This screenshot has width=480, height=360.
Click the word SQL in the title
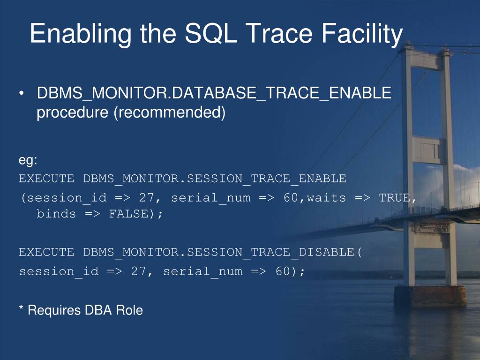211,33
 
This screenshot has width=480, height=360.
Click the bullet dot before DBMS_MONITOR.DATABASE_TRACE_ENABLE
21,93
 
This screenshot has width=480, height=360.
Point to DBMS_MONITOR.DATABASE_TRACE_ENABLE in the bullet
214,93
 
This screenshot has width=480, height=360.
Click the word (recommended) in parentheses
170,112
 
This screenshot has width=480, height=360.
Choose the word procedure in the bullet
72,113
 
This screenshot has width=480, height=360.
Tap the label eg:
28,161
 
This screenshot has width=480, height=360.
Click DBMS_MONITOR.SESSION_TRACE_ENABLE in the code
215,179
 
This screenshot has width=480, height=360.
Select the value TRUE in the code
395,198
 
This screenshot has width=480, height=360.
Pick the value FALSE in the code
129,214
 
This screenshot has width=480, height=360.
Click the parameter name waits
326,198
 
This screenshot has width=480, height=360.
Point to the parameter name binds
56,214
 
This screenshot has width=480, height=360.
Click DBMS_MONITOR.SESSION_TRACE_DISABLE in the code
218,253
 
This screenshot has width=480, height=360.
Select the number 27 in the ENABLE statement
146,198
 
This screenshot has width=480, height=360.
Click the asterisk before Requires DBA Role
21,307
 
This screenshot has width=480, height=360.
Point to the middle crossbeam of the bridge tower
428,150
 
